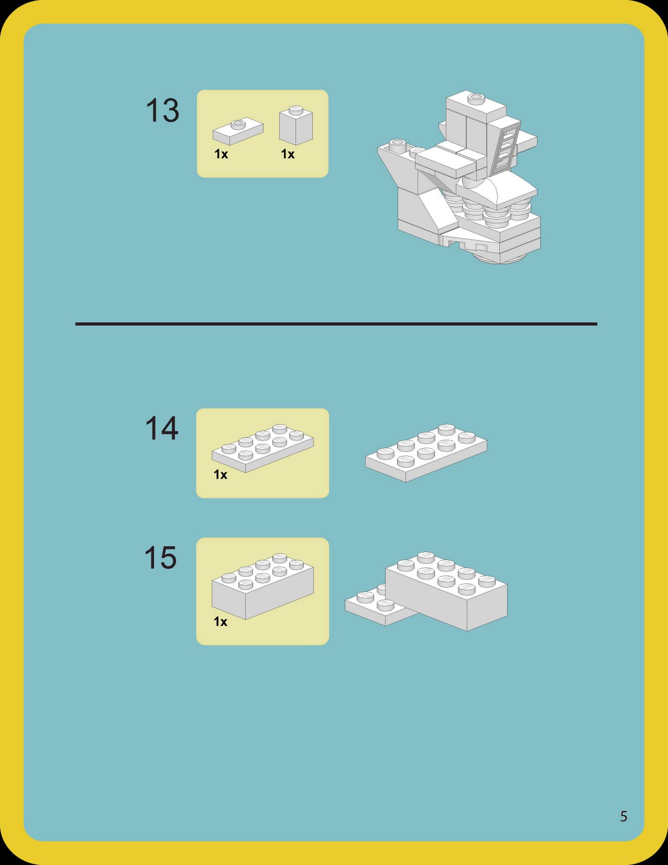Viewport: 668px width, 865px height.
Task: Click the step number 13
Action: point(162,111)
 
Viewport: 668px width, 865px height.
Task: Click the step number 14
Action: point(162,429)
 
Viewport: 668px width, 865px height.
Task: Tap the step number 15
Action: point(161,558)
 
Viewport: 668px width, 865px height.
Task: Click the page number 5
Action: point(623,816)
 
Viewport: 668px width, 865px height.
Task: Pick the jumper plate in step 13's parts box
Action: point(238,131)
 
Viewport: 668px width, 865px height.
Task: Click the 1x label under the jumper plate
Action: point(221,155)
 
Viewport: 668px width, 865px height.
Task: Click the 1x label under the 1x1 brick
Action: point(288,155)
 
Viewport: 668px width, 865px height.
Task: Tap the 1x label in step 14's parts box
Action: point(221,475)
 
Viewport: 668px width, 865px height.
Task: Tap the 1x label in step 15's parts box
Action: point(221,622)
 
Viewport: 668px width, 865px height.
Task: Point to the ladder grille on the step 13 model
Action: point(506,146)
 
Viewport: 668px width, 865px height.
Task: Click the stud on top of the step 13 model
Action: point(476,99)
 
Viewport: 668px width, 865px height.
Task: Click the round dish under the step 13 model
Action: point(500,259)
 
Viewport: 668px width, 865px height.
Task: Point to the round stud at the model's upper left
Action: point(398,144)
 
